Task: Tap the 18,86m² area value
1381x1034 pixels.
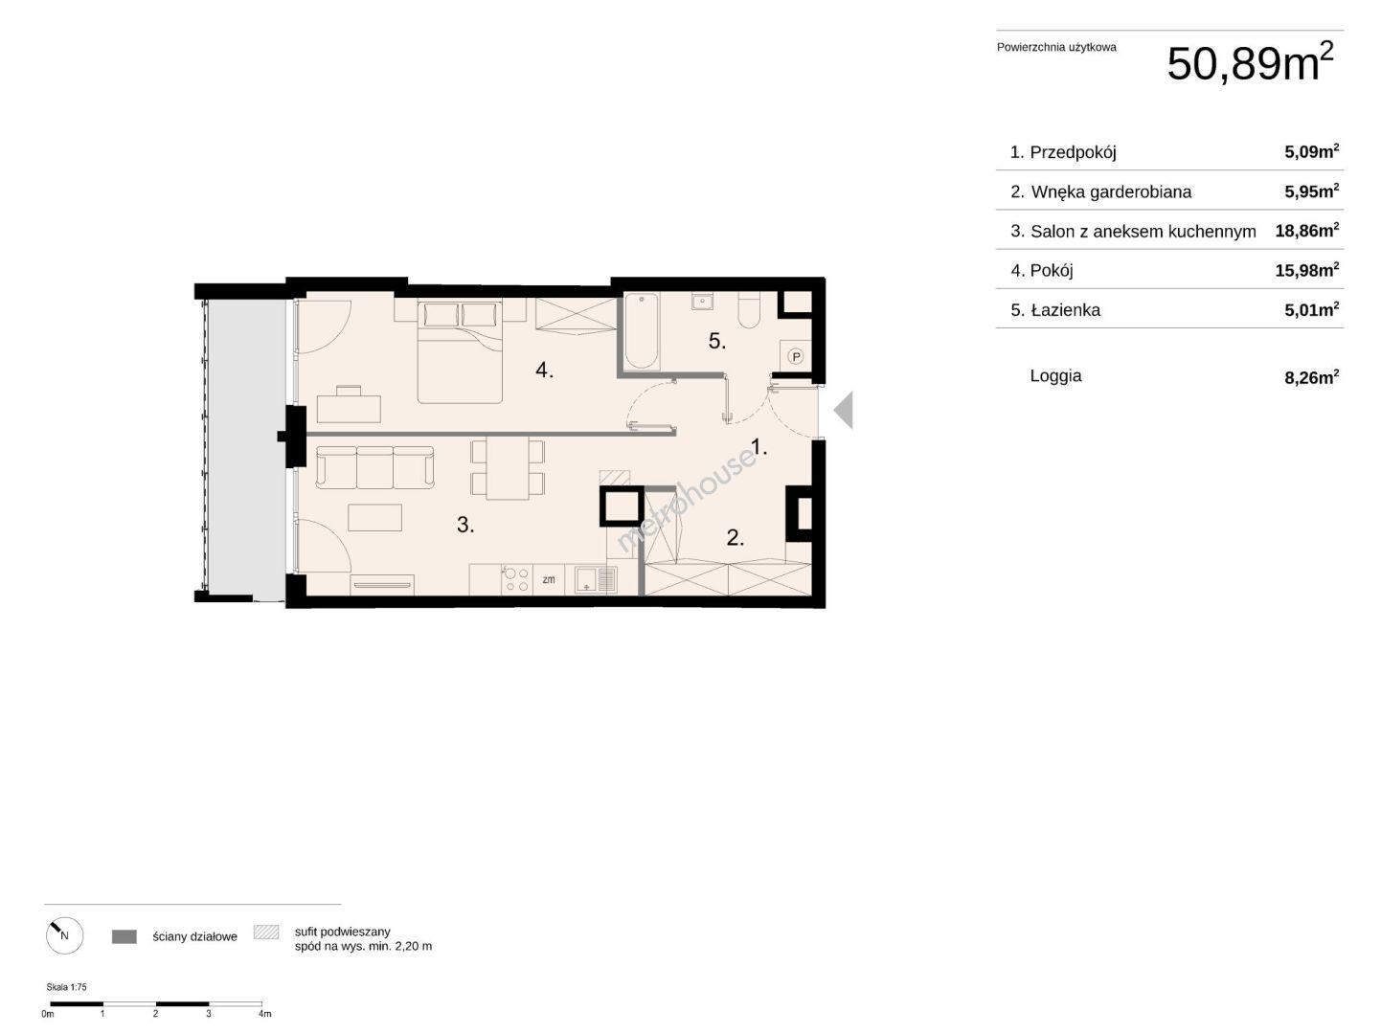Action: click(1306, 230)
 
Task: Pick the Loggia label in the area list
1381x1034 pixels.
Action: click(1055, 375)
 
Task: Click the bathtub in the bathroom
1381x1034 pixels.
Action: click(642, 331)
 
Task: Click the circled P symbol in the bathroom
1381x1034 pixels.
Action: click(796, 356)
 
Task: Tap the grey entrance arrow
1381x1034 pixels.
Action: click(843, 410)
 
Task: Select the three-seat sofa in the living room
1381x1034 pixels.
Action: click(375, 467)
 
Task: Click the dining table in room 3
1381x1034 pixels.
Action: click(508, 468)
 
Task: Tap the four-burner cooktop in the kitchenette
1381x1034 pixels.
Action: click(516, 579)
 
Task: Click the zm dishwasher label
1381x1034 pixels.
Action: click(549, 579)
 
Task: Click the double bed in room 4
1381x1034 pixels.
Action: click(460, 351)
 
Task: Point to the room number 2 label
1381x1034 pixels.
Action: click(735, 537)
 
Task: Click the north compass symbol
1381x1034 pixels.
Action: click(65, 935)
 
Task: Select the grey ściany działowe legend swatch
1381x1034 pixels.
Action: click(124, 936)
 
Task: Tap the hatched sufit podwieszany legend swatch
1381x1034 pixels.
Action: click(266, 932)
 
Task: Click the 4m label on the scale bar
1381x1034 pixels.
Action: click(265, 1014)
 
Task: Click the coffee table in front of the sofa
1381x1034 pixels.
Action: click(375, 518)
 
